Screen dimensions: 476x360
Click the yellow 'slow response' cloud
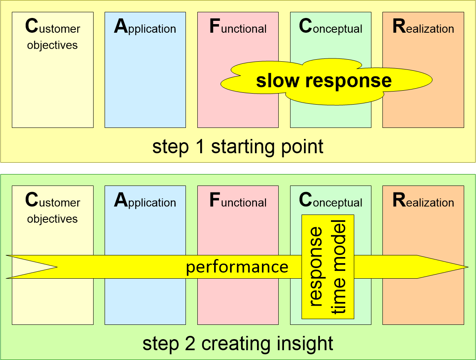[326, 81]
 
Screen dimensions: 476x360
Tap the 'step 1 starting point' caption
[238, 147]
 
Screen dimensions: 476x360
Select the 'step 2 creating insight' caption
[238, 344]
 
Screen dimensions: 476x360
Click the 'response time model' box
[328, 267]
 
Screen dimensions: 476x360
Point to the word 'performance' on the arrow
[237, 267]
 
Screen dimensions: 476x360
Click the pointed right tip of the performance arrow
[468, 267]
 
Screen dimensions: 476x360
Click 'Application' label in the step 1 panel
[145, 27]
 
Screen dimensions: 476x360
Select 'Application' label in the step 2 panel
[145, 200]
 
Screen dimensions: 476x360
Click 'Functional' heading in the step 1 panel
[238, 26]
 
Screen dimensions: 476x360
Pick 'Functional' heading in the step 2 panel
[238, 200]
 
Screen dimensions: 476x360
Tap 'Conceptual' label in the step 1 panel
[331, 27]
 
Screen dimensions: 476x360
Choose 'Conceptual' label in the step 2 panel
[331, 200]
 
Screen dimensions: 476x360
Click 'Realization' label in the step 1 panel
[423, 26]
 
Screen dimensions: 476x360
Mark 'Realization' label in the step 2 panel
[423, 200]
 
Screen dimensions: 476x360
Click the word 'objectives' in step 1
[52, 45]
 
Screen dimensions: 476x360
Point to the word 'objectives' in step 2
[52, 219]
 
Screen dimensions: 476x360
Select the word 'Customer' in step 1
[53, 26]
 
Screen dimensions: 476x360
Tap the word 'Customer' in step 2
[53, 200]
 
